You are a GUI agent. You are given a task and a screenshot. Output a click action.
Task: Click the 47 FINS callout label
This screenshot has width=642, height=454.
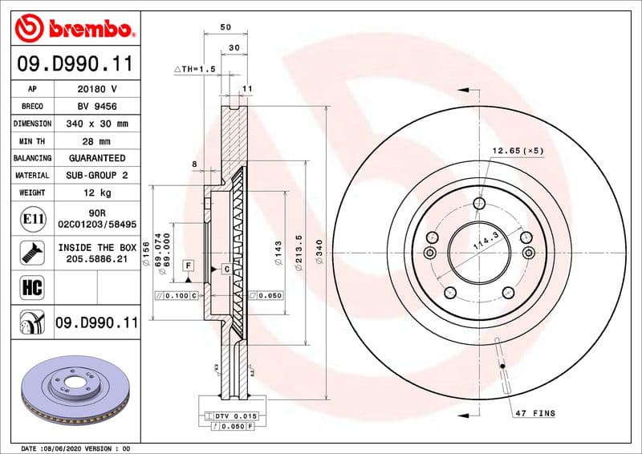click(x=534, y=413)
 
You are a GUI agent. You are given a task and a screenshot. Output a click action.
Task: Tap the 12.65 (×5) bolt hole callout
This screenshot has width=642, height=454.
click(x=518, y=150)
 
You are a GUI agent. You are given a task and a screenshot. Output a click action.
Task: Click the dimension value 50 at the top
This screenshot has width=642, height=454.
click(x=226, y=27)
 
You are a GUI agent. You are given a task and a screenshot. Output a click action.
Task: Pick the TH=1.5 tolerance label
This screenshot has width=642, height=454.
click(x=196, y=70)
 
